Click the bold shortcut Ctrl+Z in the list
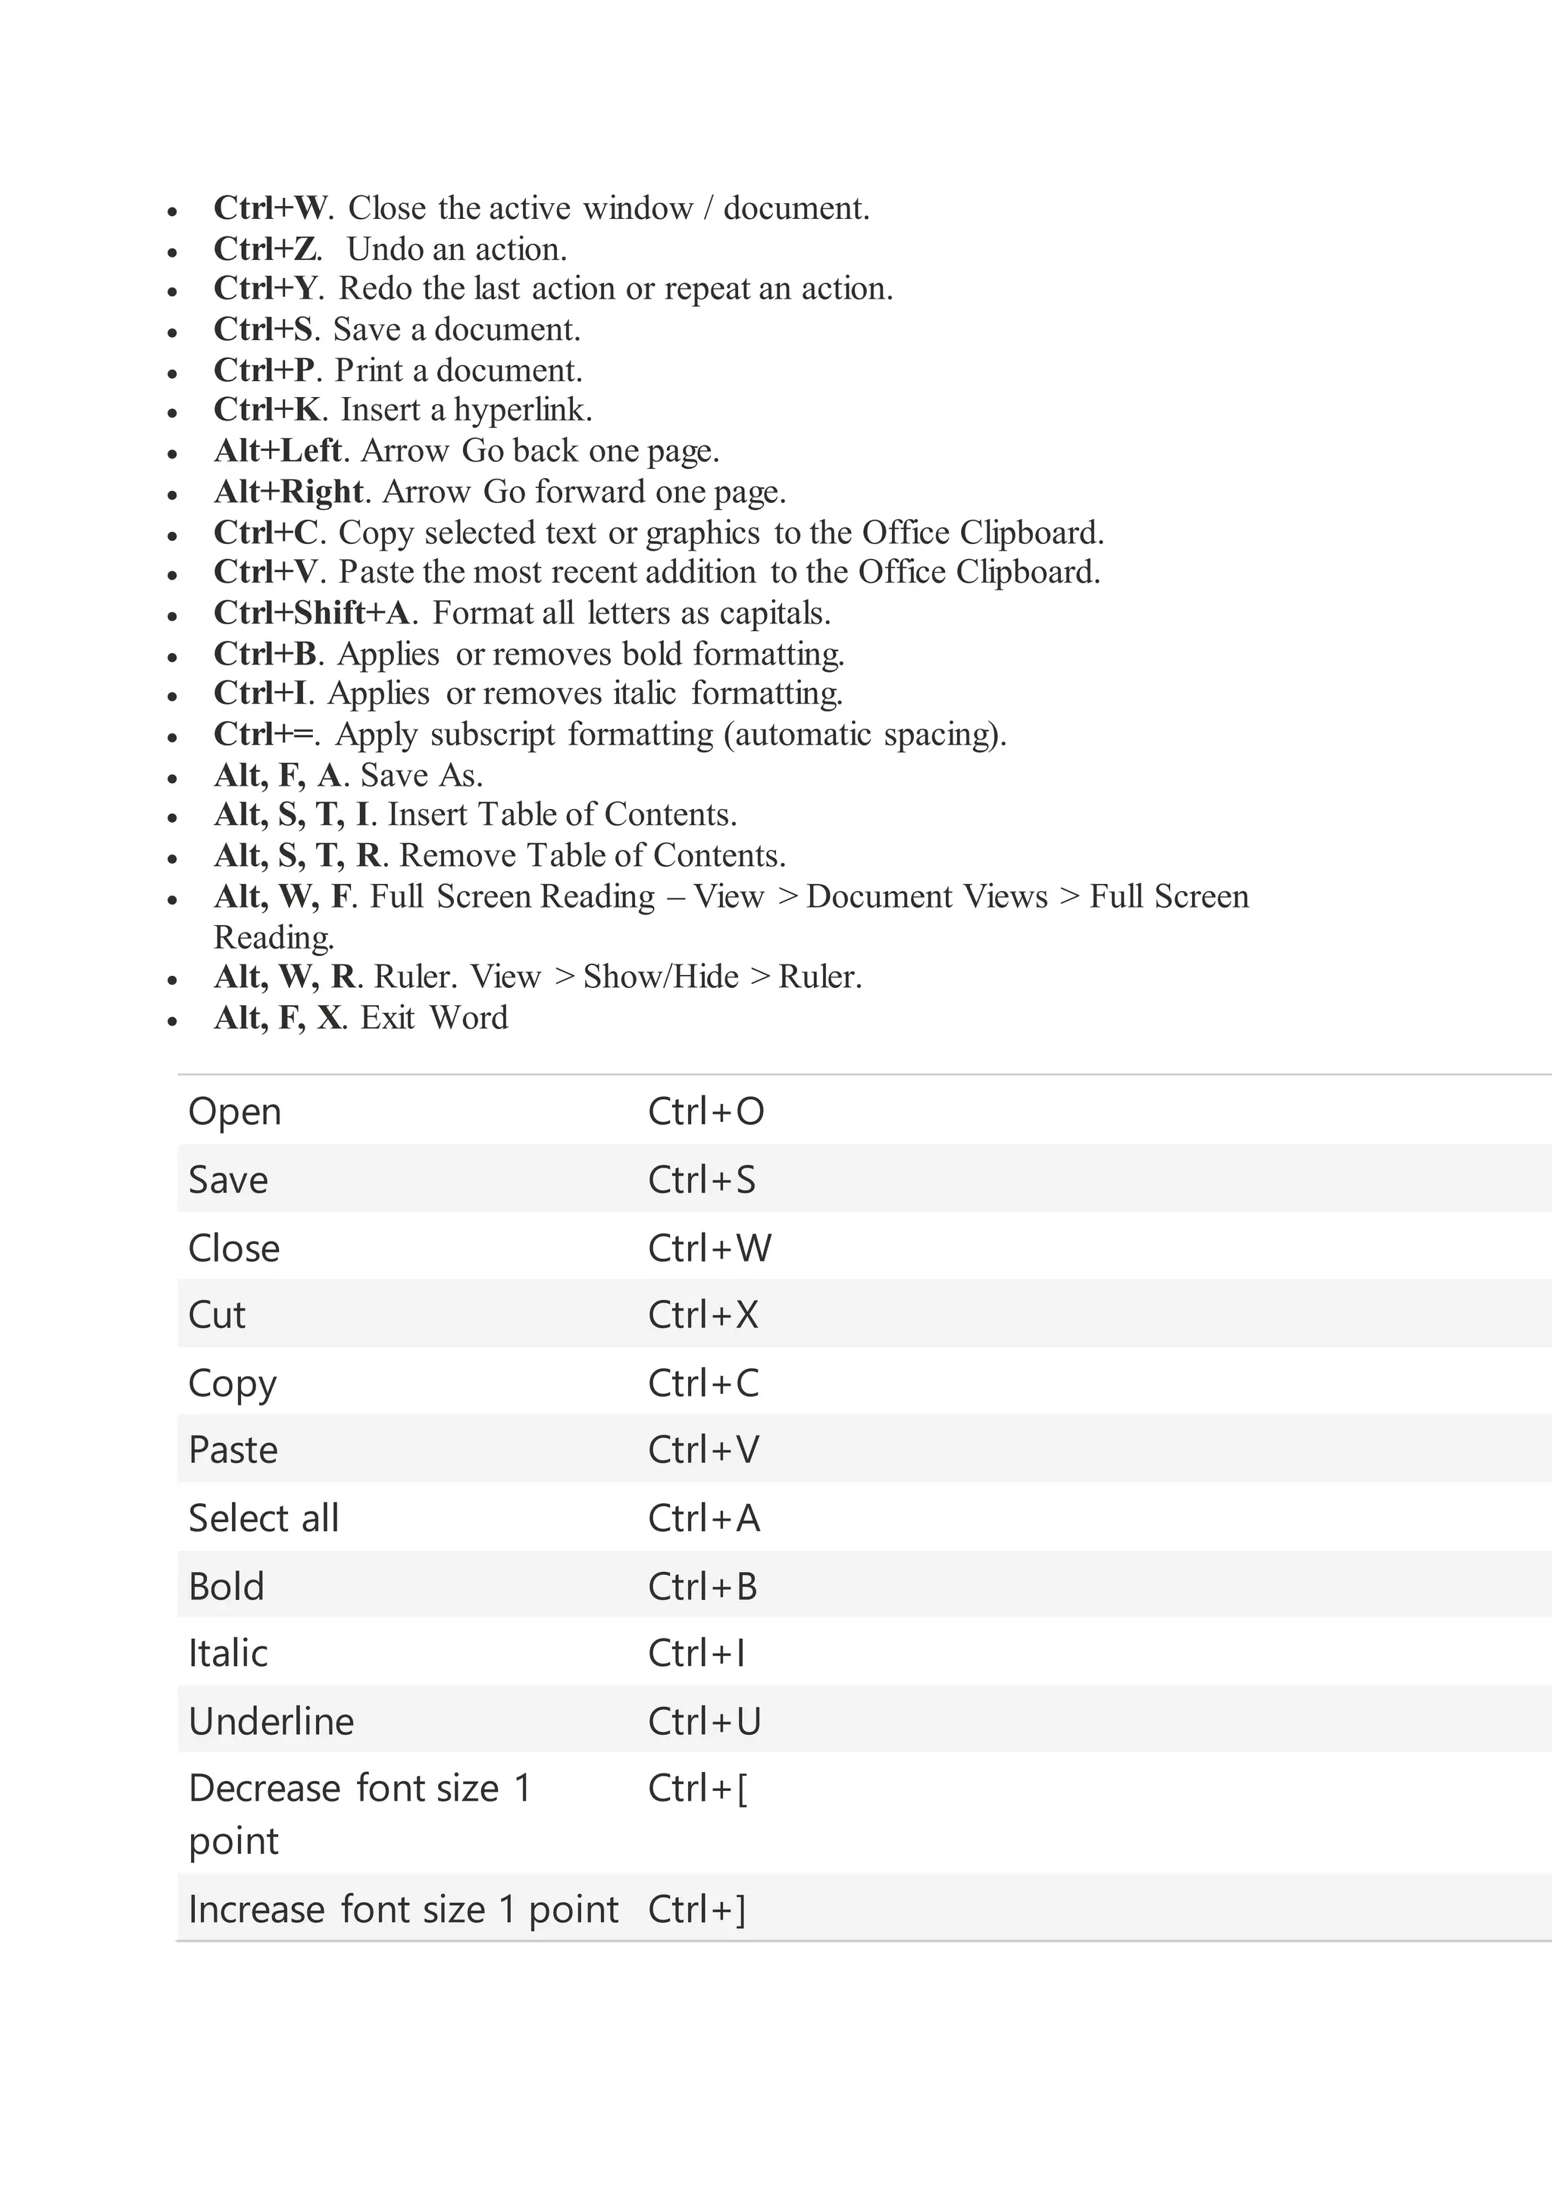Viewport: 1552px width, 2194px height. [267, 249]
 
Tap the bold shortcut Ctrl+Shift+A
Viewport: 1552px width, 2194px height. [311, 613]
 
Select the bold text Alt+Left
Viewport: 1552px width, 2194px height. [277, 450]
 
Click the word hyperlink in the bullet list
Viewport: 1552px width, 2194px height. [522, 410]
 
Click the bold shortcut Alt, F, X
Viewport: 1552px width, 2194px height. [277, 1017]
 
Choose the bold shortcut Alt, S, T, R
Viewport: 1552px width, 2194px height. [297, 855]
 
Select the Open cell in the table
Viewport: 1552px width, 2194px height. [235, 1111]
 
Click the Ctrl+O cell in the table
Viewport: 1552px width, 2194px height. [706, 1111]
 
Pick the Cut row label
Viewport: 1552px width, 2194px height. [217, 1315]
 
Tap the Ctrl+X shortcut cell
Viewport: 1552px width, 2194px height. [702, 1315]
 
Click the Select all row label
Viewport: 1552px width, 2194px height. [264, 1518]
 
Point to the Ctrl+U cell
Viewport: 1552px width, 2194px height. [704, 1722]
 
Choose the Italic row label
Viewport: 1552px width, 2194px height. [228, 1653]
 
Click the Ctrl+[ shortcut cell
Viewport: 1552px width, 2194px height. [698, 1789]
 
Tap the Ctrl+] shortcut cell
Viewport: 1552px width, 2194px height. [696, 1909]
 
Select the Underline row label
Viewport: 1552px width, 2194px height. [271, 1722]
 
